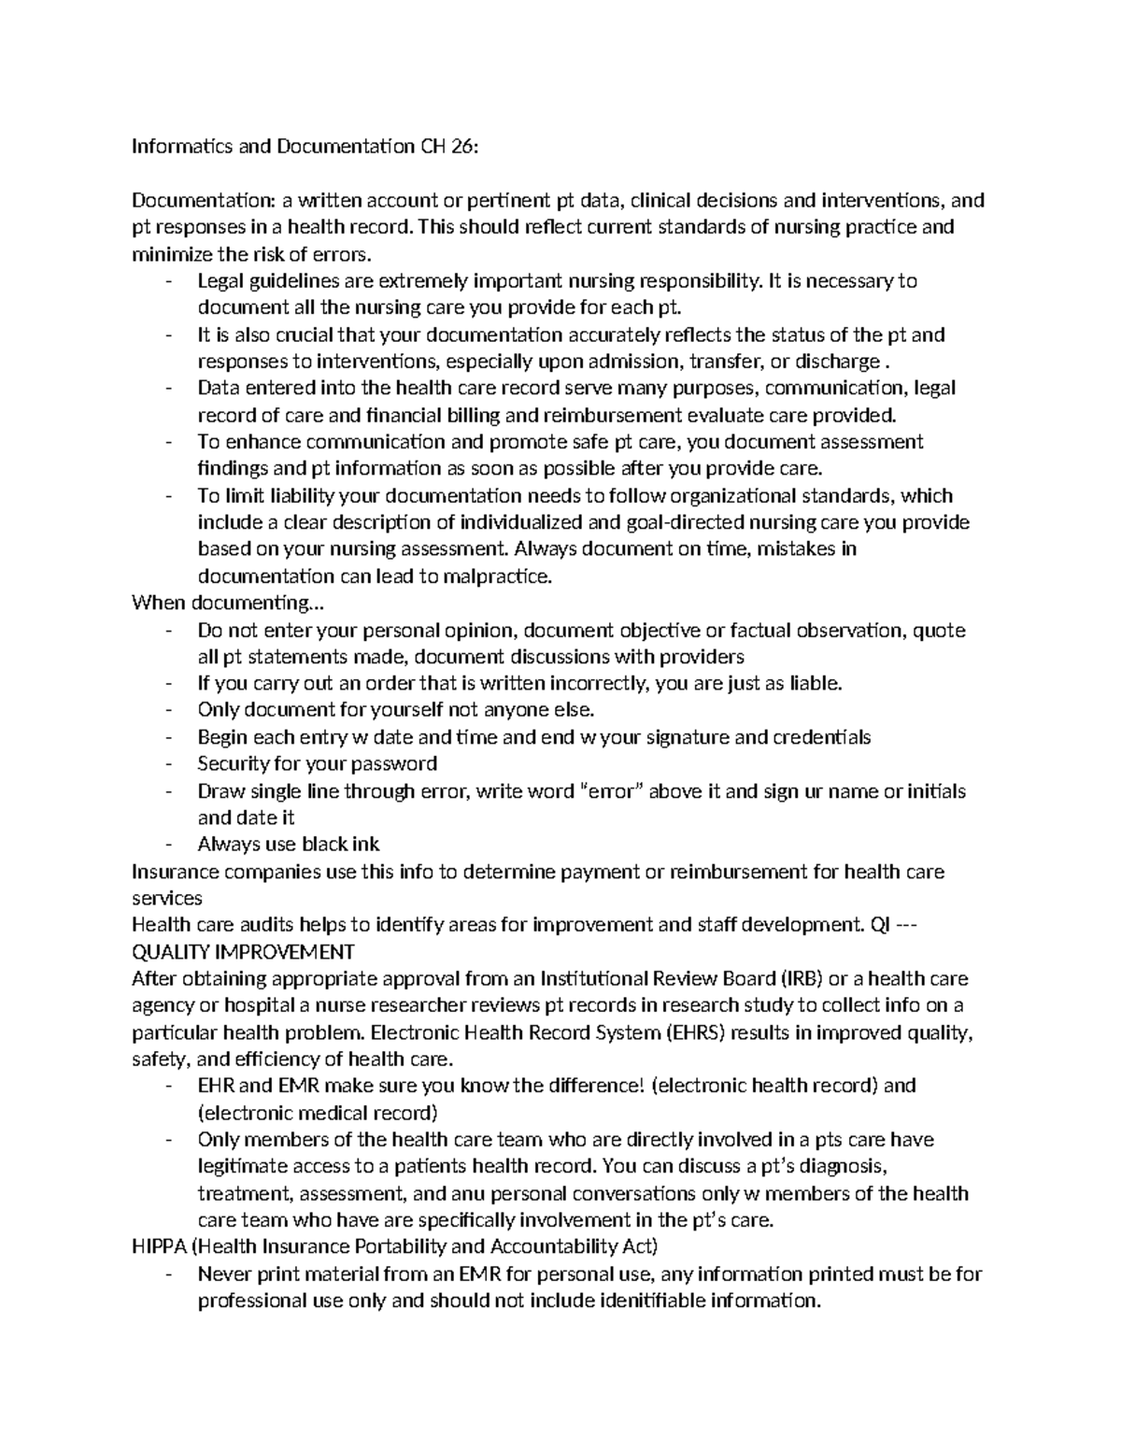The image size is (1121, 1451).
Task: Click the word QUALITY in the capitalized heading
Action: click(171, 952)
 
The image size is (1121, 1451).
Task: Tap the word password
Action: click(394, 763)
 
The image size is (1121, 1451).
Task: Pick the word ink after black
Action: click(365, 845)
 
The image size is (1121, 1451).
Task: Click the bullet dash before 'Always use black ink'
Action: click(168, 845)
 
